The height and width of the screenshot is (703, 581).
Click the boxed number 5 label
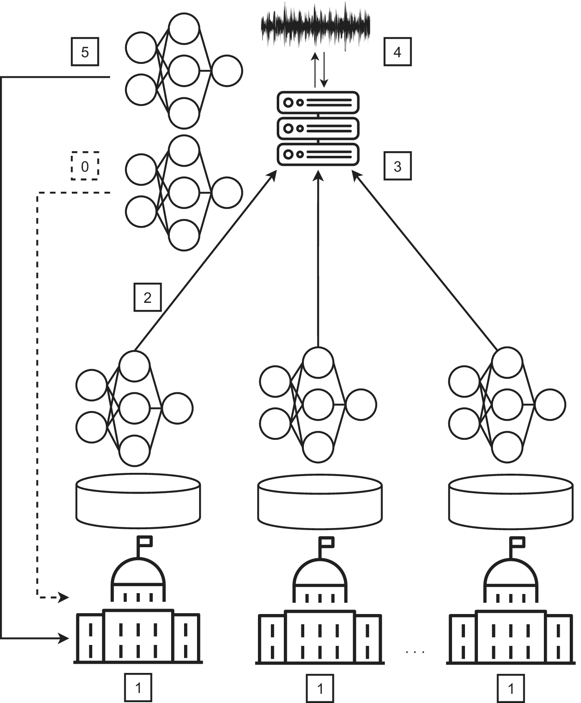[x=85, y=52]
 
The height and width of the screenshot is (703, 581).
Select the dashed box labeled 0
[x=85, y=166]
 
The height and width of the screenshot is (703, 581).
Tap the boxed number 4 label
[x=397, y=52]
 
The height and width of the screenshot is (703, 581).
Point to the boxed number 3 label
[x=397, y=166]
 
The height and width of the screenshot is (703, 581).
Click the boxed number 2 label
[x=147, y=297]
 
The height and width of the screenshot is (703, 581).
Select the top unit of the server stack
[x=318, y=102]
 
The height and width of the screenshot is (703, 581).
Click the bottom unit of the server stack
[x=318, y=154]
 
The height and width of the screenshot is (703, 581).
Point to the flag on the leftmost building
[x=146, y=542]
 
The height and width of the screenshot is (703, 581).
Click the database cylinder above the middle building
[x=320, y=501]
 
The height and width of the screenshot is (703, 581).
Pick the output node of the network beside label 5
[x=227, y=71]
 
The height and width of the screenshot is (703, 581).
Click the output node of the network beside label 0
[x=227, y=193]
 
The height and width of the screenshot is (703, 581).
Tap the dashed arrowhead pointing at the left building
[x=63, y=597]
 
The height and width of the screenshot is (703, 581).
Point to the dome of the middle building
[x=320, y=576]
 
